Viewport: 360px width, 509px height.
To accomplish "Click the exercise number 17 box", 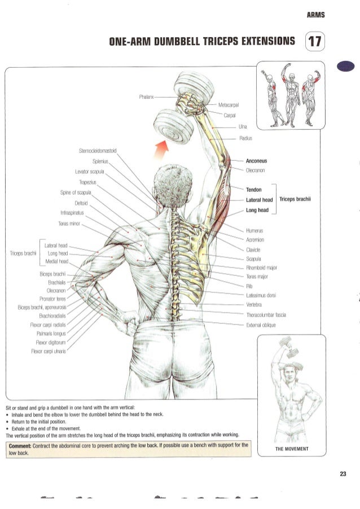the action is (315, 41).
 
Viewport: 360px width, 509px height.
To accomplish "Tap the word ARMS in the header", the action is (315, 15).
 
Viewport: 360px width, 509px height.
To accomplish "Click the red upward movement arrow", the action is (161, 150).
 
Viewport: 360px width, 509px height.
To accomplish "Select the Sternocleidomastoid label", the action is (98, 151).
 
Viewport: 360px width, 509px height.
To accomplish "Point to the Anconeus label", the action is (256, 161).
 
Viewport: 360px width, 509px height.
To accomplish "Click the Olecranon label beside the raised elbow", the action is (255, 170).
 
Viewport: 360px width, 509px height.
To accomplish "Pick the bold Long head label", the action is (257, 210).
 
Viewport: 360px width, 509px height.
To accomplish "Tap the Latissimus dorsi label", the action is (261, 295).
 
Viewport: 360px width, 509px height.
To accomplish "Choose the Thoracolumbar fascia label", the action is (266, 315).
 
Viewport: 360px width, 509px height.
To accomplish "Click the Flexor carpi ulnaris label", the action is (49, 351).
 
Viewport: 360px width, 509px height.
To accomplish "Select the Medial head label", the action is (57, 261).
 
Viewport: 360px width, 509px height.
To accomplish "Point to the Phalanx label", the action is (146, 96).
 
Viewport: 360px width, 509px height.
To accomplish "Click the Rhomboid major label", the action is (262, 267).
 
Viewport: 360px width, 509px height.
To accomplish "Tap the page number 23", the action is (343, 474).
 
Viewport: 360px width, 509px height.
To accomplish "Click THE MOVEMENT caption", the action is (292, 449).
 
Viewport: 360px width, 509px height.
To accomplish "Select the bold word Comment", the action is (20, 446).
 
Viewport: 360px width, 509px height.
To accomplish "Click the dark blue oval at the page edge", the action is (346, 66).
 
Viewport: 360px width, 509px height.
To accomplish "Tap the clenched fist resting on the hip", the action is (130, 323).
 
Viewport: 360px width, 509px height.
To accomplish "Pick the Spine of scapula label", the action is (76, 192).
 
